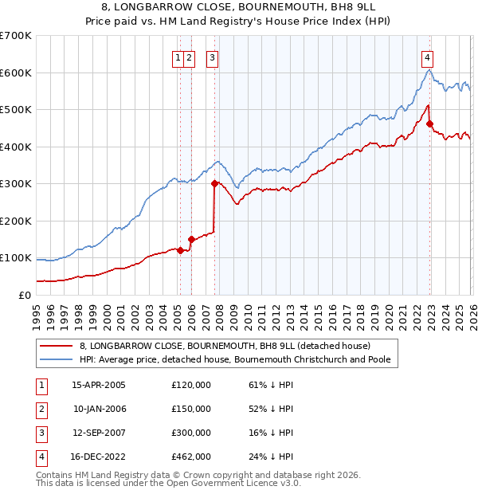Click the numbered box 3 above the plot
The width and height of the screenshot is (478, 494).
[213, 57]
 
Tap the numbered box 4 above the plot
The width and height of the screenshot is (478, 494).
[428, 57]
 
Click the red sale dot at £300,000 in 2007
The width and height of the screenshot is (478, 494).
[214, 183]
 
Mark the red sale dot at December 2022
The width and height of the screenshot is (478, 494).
[429, 123]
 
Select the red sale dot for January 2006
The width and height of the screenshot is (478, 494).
[191, 239]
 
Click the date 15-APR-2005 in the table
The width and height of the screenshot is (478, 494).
[98, 385]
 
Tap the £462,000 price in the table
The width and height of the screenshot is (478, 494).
[191, 457]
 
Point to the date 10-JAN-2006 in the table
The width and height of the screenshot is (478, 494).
[98, 409]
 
